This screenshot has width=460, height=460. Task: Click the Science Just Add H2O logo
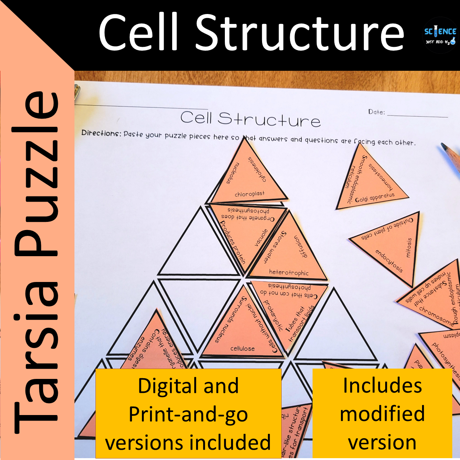point(440,35)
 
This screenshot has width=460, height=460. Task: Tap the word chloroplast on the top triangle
point(250,194)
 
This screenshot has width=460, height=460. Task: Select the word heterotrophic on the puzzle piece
point(289,272)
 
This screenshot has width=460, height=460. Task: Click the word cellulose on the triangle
point(242,348)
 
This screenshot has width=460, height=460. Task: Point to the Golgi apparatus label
point(374,198)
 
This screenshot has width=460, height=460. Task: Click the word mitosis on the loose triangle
point(408,248)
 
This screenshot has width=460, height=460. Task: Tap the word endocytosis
point(389,261)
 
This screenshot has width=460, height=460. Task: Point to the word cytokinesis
point(257,169)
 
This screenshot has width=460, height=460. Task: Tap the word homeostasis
point(381,176)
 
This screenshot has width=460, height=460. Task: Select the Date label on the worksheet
point(376,112)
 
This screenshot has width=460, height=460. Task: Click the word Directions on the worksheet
point(101,133)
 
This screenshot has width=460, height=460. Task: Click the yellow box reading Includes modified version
point(382,413)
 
